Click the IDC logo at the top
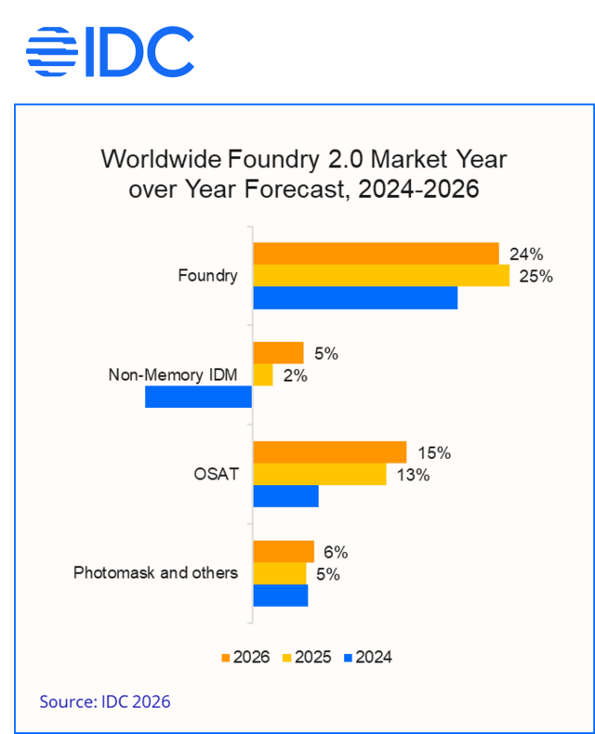[x=110, y=51]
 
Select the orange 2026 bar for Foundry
[x=376, y=253]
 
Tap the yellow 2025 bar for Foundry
[x=381, y=275]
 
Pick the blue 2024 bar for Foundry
[x=355, y=297]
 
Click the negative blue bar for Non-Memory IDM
[x=199, y=397]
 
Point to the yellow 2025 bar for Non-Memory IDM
[x=263, y=374]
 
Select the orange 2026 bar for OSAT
[x=330, y=452]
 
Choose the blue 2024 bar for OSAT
[x=285, y=496]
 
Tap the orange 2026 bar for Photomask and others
[x=284, y=551]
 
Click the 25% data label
[x=535, y=276]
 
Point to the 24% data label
[x=525, y=254]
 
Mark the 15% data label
[x=433, y=453]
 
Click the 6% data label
[x=336, y=552]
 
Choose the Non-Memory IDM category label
[x=173, y=375]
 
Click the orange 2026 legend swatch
[x=225, y=658]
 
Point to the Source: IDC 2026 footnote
[x=104, y=701]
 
